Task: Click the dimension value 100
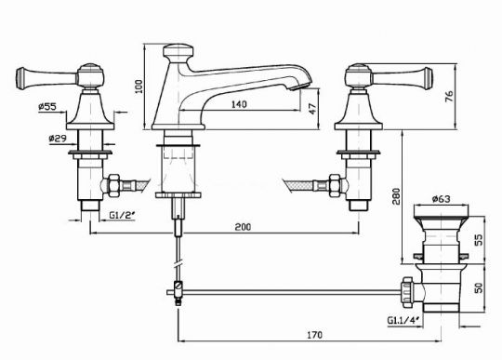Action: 139,85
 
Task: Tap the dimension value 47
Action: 315,108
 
